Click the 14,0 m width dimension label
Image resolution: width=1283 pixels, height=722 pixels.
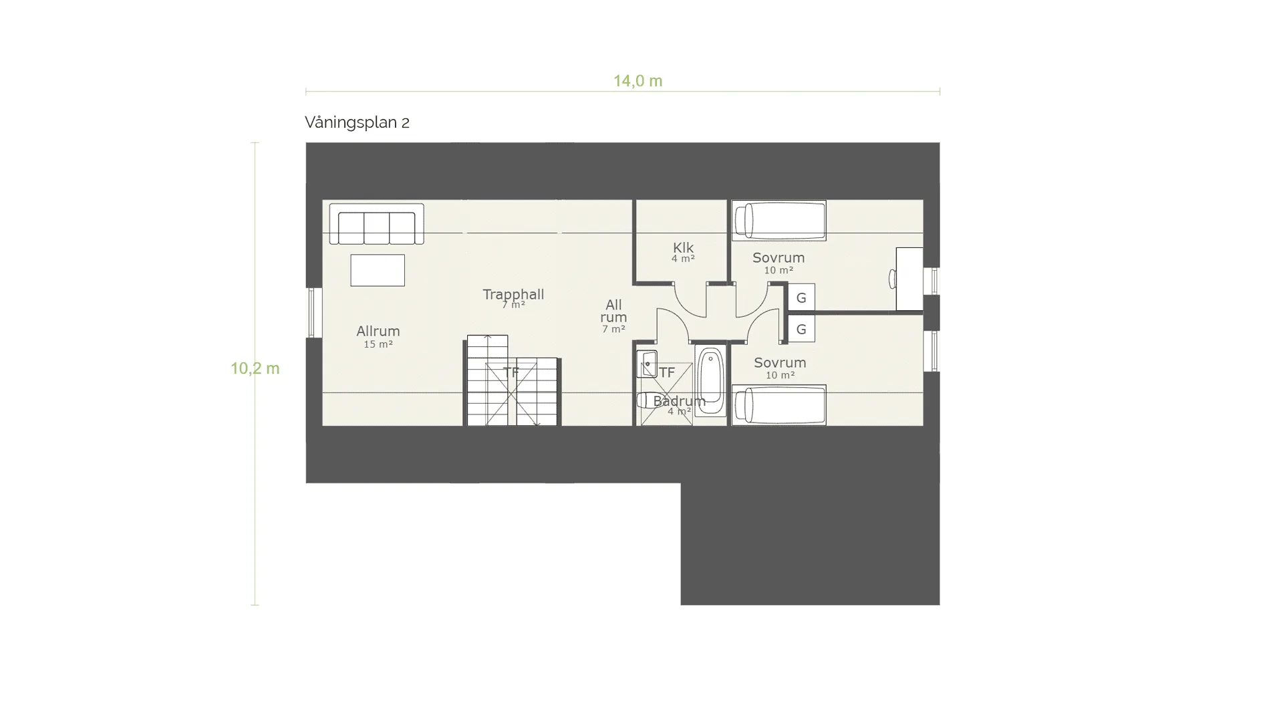click(x=637, y=81)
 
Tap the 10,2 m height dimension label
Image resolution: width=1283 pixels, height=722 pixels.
click(x=255, y=368)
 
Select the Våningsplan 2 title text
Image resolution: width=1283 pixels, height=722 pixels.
click(x=357, y=122)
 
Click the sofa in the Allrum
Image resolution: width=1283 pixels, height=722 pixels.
click(x=377, y=224)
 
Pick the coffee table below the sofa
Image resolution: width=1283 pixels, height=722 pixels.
click(x=378, y=270)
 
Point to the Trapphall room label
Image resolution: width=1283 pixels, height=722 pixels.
click(x=513, y=294)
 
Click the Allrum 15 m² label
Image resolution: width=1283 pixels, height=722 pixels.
click(x=378, y=336)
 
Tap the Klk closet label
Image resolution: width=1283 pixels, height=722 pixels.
click(x=683, y=249)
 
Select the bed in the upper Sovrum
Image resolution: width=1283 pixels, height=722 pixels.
click(x=779, y=220)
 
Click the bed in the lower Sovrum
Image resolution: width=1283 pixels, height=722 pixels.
click(x=779, y=405)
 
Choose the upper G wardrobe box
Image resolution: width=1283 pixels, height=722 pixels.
click(x=801, y=297)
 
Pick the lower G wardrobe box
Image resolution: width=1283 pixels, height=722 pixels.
click(x=801, y=329)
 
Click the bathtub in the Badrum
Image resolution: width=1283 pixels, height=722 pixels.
click(x=710, y=381)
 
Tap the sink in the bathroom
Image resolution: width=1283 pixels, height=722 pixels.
click(x=647, y=364)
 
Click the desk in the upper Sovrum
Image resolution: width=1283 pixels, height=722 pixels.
click(x=909, y=279)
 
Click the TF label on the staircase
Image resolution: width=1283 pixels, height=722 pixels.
click(x=511, y=372)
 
